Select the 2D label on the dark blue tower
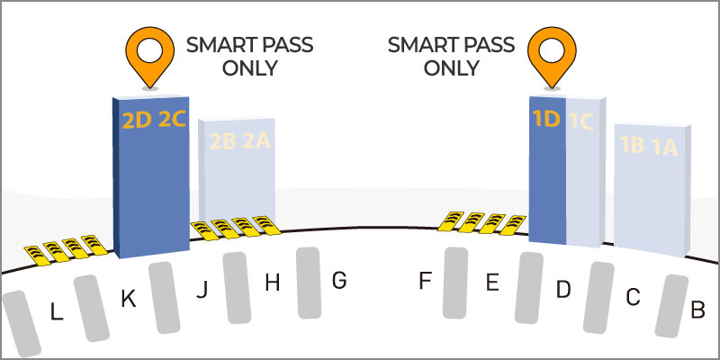point(137,121)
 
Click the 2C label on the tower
point(172,120)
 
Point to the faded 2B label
point(222,142)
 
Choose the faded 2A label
point(256,140)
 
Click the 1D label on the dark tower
point(546,120)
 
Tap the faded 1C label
point(581,121)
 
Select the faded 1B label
point(632,145)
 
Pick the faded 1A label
point(663,148)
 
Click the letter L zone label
point(57,313)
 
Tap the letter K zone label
point(129,300)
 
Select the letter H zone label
point(273,283)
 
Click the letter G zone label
point(339,281)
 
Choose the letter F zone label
point(424,281)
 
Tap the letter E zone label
point(492,283)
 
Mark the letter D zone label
point(563,290)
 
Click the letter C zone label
point(633,299)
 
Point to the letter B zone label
point(698,310)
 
